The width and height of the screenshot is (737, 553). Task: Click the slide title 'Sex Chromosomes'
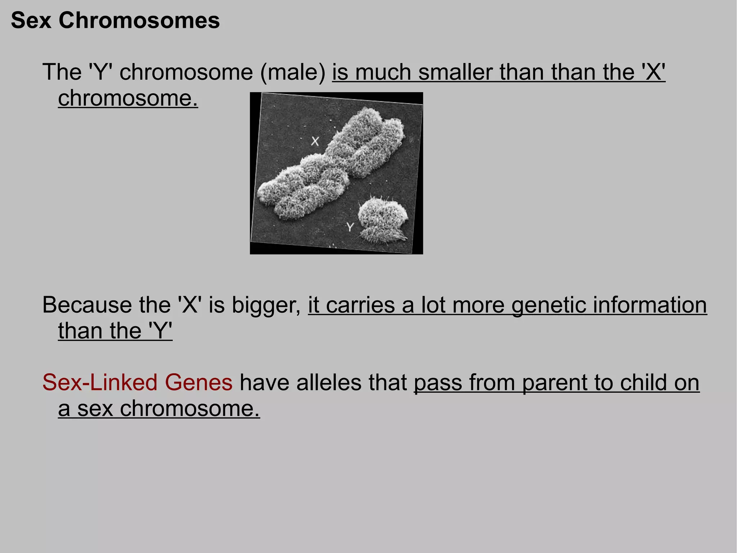(x=115, y=21)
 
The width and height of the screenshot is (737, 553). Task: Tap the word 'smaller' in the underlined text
(x=456, y=72)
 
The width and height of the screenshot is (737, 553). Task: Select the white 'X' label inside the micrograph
(x=315, y=141)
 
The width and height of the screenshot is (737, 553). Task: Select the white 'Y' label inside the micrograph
(x=350, y=227)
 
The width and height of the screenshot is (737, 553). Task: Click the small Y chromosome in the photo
(x=383, y=220)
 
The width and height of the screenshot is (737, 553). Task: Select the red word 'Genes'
(x=199, y=382)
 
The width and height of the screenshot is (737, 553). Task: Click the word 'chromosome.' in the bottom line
(x=190, y=409)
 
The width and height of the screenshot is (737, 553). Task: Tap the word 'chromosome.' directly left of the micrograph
(x=128, y=98)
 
